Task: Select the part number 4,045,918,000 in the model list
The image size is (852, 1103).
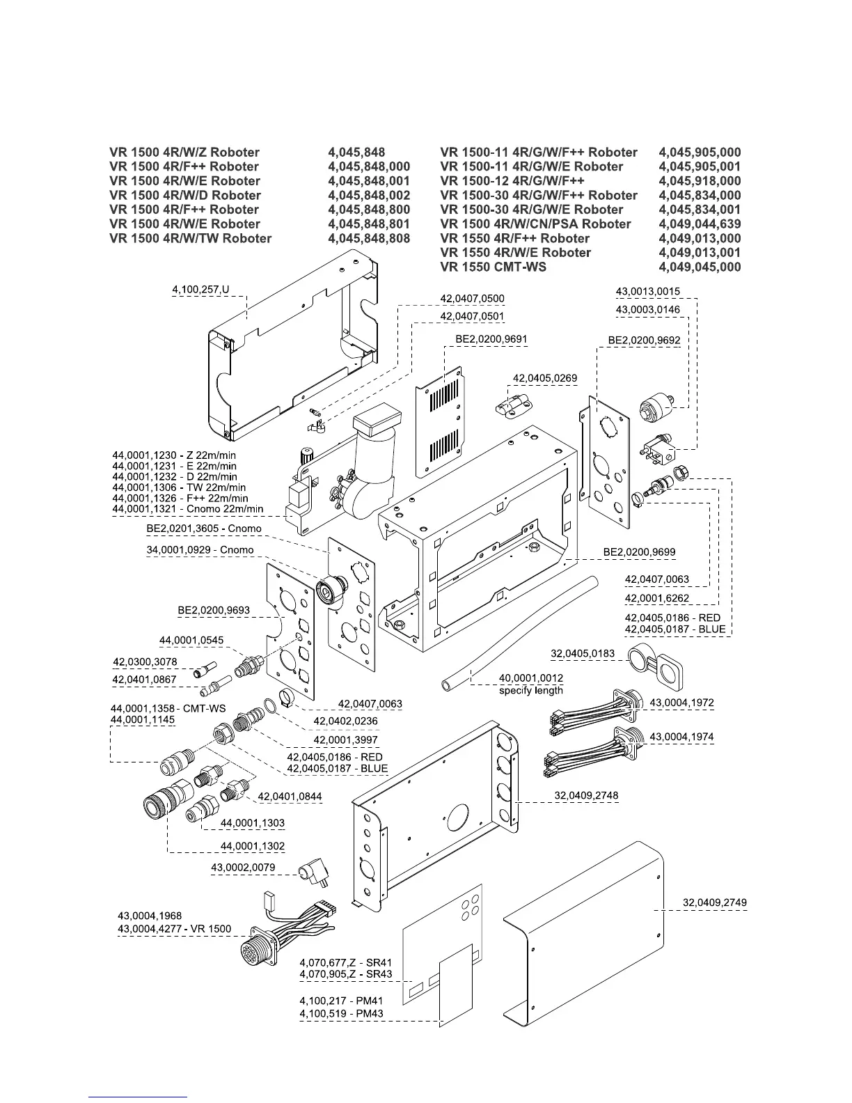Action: [699, 181]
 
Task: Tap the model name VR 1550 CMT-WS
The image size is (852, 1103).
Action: [493, 267]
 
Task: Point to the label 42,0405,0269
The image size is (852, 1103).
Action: [545, 378]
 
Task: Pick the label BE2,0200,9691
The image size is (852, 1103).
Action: [491, 340]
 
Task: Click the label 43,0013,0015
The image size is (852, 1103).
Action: [647, 292]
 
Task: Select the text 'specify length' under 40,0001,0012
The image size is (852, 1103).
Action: [531, 690]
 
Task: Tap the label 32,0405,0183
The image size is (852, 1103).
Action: [583, 653]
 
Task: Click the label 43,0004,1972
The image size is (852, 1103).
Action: [681, 703]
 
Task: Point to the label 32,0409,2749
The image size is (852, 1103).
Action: [715, 902]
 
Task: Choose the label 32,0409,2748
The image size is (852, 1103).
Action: [586, 795]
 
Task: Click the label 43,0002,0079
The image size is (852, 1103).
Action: [243, 868]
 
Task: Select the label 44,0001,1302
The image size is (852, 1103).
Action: [253, 846]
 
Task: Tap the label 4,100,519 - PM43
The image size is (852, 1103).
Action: [341, 1013]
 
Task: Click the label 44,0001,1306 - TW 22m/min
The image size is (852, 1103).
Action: [180, 487]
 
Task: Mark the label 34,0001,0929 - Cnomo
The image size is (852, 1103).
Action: [200, 550]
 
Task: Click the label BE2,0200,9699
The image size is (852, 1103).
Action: [639, 552]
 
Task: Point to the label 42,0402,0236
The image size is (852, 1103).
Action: [345, 721]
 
